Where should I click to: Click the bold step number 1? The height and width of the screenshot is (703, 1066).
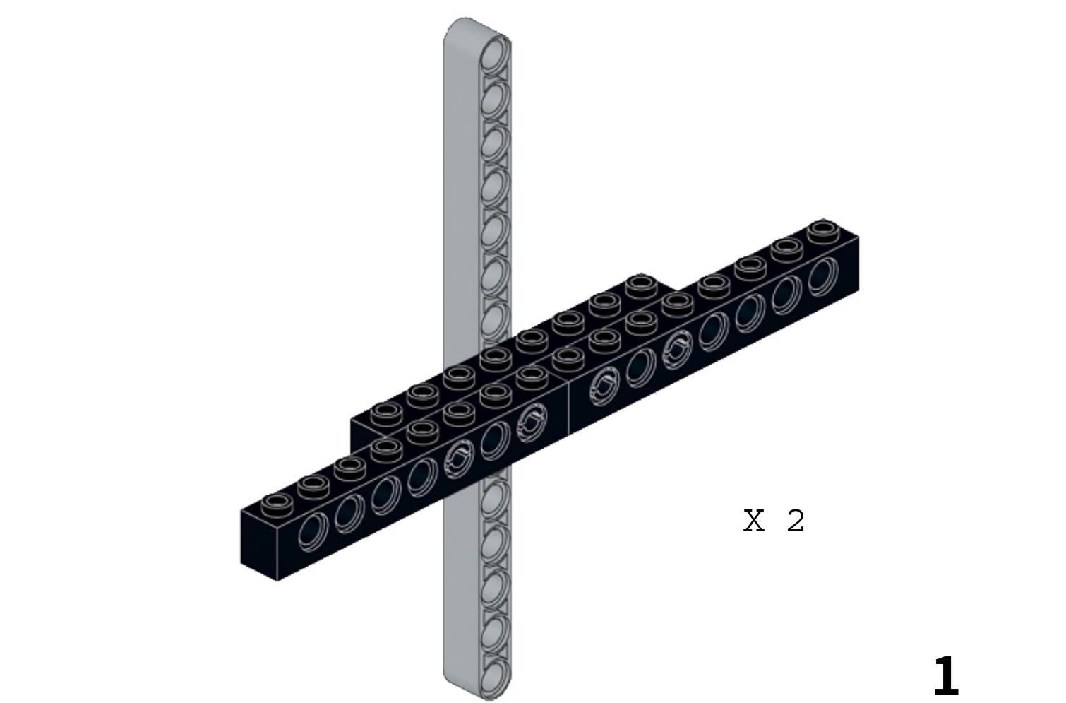(x=945, y=676)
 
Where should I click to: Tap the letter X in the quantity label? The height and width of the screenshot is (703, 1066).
(x=754, y=521)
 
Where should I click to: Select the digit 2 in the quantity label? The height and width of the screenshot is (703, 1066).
(x=795, y=521)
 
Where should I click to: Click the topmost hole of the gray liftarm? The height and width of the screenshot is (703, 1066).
(x=494, y=54)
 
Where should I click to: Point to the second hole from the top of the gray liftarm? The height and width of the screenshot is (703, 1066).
(x=494, y=98)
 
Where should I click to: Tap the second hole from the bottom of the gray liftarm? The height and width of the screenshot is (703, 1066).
(x=494, y=632)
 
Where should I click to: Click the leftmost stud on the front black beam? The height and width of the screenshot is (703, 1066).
(x=277, y=504)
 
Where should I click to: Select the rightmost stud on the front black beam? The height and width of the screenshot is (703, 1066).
(x=823, y=230)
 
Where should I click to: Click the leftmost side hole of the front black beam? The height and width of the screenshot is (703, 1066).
(x=313, y=533)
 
